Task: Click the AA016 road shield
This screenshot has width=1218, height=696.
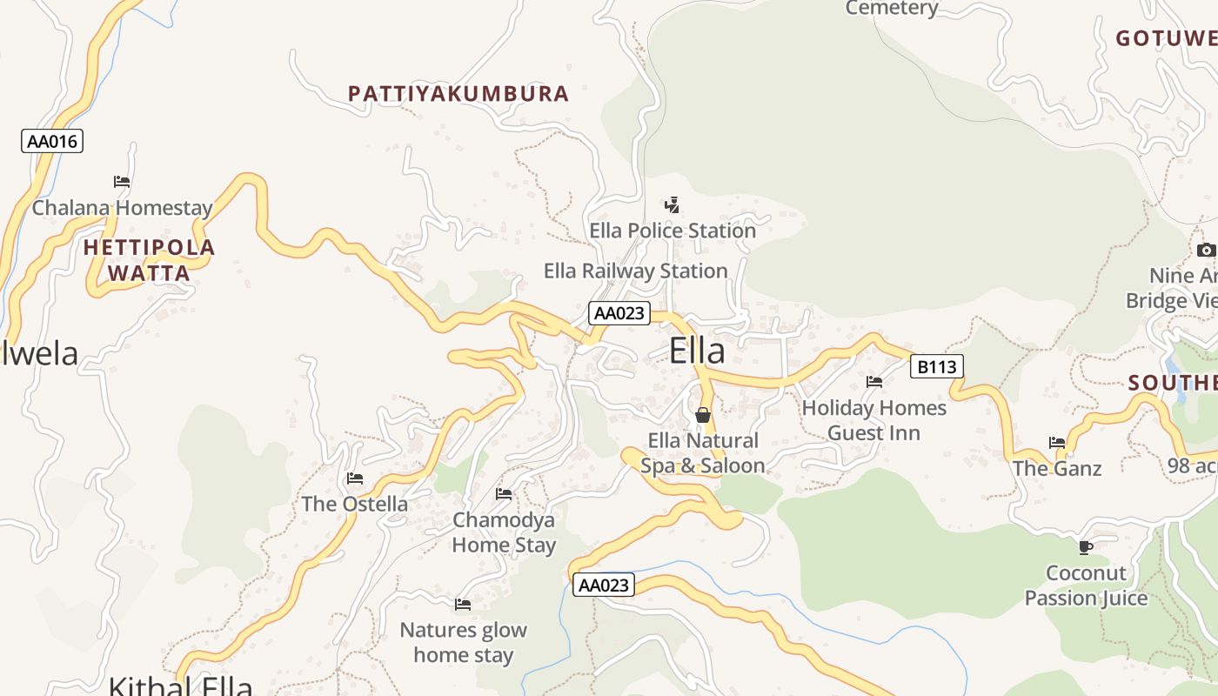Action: (52, 141)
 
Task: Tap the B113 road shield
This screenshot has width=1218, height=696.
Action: (937, 366)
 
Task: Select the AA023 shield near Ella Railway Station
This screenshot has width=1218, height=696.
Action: (619, 313)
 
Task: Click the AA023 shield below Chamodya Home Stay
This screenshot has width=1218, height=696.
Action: (604, 585)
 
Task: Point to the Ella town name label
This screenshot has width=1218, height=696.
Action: (697, 351)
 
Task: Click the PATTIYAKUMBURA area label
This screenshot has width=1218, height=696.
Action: (458, 94)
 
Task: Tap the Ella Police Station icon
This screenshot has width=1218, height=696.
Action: (672, 205)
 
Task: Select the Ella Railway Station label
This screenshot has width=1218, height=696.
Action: (635, 271)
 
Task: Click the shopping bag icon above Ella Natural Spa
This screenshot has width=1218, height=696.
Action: (703, 415)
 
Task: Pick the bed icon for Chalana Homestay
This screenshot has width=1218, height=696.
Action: (122, 182)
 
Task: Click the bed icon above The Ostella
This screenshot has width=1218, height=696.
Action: (354, 478)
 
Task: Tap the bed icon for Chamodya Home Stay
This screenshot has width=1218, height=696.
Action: (504, 494)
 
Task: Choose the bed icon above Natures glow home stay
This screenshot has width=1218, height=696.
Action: (463, 604)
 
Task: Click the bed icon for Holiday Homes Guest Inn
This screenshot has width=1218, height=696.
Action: (874, 382)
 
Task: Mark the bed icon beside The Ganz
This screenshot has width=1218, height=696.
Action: (1057, 443)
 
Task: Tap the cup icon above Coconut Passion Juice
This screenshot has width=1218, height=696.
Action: (1086, 547)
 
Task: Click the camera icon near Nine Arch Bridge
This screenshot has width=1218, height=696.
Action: (1206, 251)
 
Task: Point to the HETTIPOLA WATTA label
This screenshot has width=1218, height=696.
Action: (149, 260)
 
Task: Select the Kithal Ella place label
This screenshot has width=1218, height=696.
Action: (180, 685)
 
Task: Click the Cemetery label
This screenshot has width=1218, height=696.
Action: (892, 8)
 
